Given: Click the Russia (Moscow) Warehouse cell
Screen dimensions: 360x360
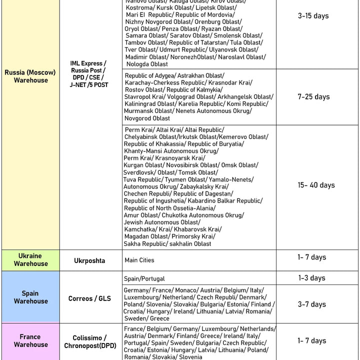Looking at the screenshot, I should coord(30,76).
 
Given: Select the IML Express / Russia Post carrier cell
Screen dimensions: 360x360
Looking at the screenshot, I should coord(88,74).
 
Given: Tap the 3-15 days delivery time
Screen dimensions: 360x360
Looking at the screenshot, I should coord(313,16).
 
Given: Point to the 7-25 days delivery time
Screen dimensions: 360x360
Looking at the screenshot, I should coord(313,96).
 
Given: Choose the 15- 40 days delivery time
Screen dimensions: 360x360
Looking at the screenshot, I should coord(316,185).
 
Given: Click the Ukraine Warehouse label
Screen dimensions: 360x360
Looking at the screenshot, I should coord(30,259).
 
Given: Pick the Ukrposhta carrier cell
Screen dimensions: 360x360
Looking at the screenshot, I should coord(90,260).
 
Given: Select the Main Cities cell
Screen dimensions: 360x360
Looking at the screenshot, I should coord(139,260).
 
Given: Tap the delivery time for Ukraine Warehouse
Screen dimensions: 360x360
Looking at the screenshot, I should coord(311,257).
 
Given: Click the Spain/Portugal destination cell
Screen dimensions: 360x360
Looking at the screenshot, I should coord(144,278).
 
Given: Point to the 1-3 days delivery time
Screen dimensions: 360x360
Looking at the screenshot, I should coord(311,278).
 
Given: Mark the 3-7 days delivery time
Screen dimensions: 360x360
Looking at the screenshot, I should coord(311,304).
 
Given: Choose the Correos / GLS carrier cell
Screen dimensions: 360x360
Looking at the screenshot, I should coord(90,298).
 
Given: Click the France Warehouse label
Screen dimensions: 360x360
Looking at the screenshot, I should coord(30,340).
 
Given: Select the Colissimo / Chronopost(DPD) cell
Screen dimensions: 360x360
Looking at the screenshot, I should coord(90,341).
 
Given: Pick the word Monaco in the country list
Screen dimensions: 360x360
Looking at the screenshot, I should coord(185,290).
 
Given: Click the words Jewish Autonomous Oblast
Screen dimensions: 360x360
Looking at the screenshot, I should coord(162,222).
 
